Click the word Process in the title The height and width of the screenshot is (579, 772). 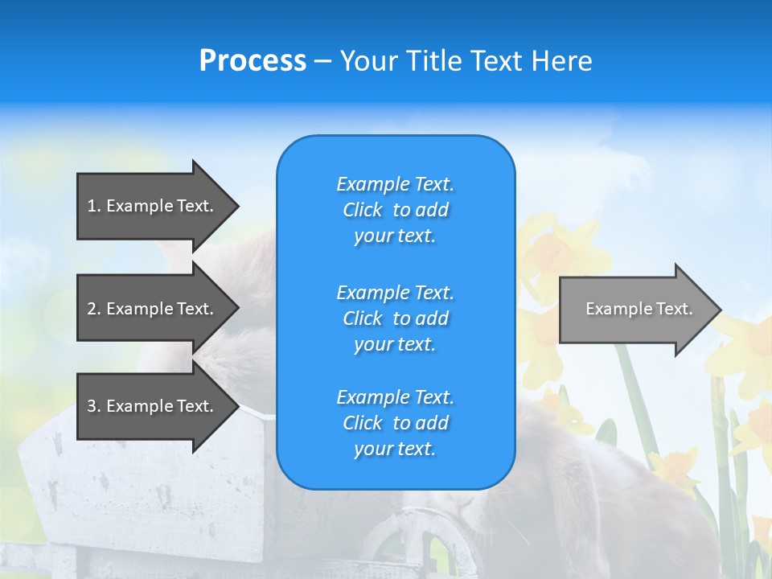point(253,61)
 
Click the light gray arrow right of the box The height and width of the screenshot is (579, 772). point(635,310)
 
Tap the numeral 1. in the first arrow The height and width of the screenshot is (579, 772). point(93,206)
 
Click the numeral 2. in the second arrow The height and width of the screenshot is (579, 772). point(93,309)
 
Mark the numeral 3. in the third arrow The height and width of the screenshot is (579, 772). point(93,406)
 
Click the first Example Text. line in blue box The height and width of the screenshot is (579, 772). point(395,184)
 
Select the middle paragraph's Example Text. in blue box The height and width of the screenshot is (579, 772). point(395,292)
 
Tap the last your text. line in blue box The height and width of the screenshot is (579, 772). point(395,450)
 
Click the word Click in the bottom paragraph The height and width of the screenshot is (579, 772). point(362,423)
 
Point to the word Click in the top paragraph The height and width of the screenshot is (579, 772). point(362,210)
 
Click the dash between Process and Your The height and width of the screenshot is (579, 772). point(322,61)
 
